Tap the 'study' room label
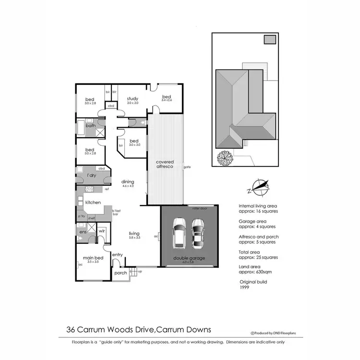[132, 98]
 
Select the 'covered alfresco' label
[165, 164]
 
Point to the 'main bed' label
[91, 257]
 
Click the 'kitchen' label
[93, 202]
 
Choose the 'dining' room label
[128, 181]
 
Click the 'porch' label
[120, 273]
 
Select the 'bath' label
[91, 126]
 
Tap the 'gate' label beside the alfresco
[187, 168]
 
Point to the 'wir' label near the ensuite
[102, 231]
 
